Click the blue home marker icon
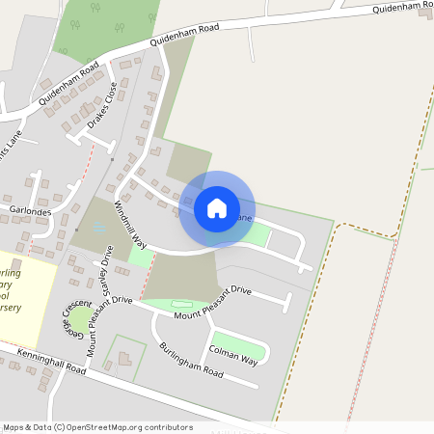coord(217,207)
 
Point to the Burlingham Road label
coord(191,360)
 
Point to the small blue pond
coord(100,228)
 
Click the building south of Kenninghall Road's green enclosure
coord(123,359)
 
